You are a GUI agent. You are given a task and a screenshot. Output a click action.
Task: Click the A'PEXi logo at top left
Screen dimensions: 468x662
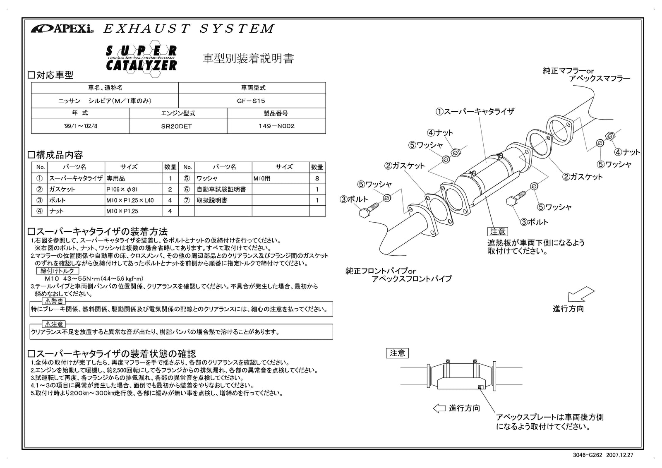click(62, 29)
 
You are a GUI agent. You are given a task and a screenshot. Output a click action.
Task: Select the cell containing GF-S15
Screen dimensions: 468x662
click(251, 101)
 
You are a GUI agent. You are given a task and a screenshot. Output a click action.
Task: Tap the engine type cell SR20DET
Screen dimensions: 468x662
click(178, 126)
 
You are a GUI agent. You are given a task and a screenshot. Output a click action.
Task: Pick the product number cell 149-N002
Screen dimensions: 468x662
click(276, 126)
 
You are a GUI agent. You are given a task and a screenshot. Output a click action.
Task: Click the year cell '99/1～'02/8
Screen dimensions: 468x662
click(80, 126)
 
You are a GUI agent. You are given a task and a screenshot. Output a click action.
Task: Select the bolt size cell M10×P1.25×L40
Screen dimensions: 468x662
click(130, 200)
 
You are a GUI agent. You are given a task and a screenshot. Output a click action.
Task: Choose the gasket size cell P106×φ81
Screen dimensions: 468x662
click(122, 190)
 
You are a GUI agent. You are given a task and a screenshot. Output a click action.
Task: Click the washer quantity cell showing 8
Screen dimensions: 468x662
click(317, 179)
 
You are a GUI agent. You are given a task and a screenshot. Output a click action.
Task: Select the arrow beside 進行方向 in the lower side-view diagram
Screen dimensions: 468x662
click(439, 408)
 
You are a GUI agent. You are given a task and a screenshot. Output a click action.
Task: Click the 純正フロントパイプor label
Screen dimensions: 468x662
click(381, 271)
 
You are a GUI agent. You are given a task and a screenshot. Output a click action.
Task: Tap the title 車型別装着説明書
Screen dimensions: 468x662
click(248, 59)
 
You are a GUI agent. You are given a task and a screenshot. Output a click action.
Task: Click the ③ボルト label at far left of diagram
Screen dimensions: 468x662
click(354, 199)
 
